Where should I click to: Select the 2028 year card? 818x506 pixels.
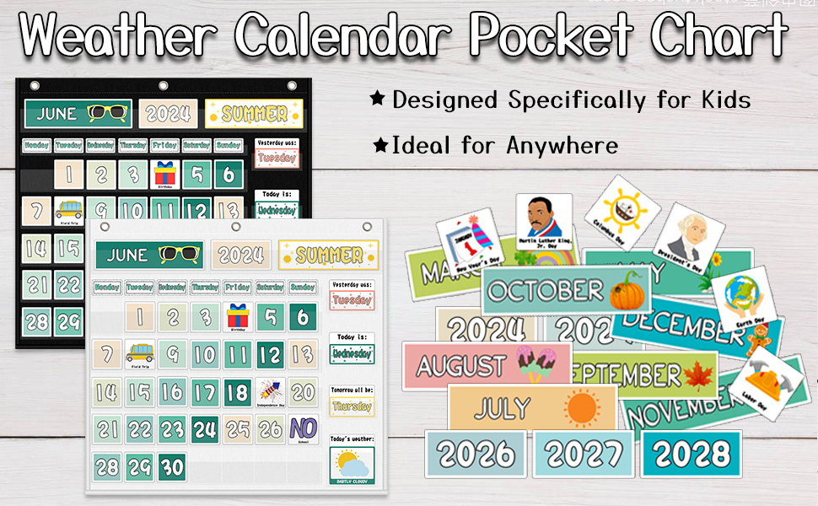click(691, 454)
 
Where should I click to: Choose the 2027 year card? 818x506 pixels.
click(584, 454)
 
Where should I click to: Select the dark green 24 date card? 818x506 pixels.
click(205, 429)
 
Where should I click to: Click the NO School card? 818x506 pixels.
click(303, 430)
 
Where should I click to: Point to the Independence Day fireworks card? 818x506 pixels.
click(271, 393)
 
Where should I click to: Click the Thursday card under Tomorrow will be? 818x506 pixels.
click(352, 406)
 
